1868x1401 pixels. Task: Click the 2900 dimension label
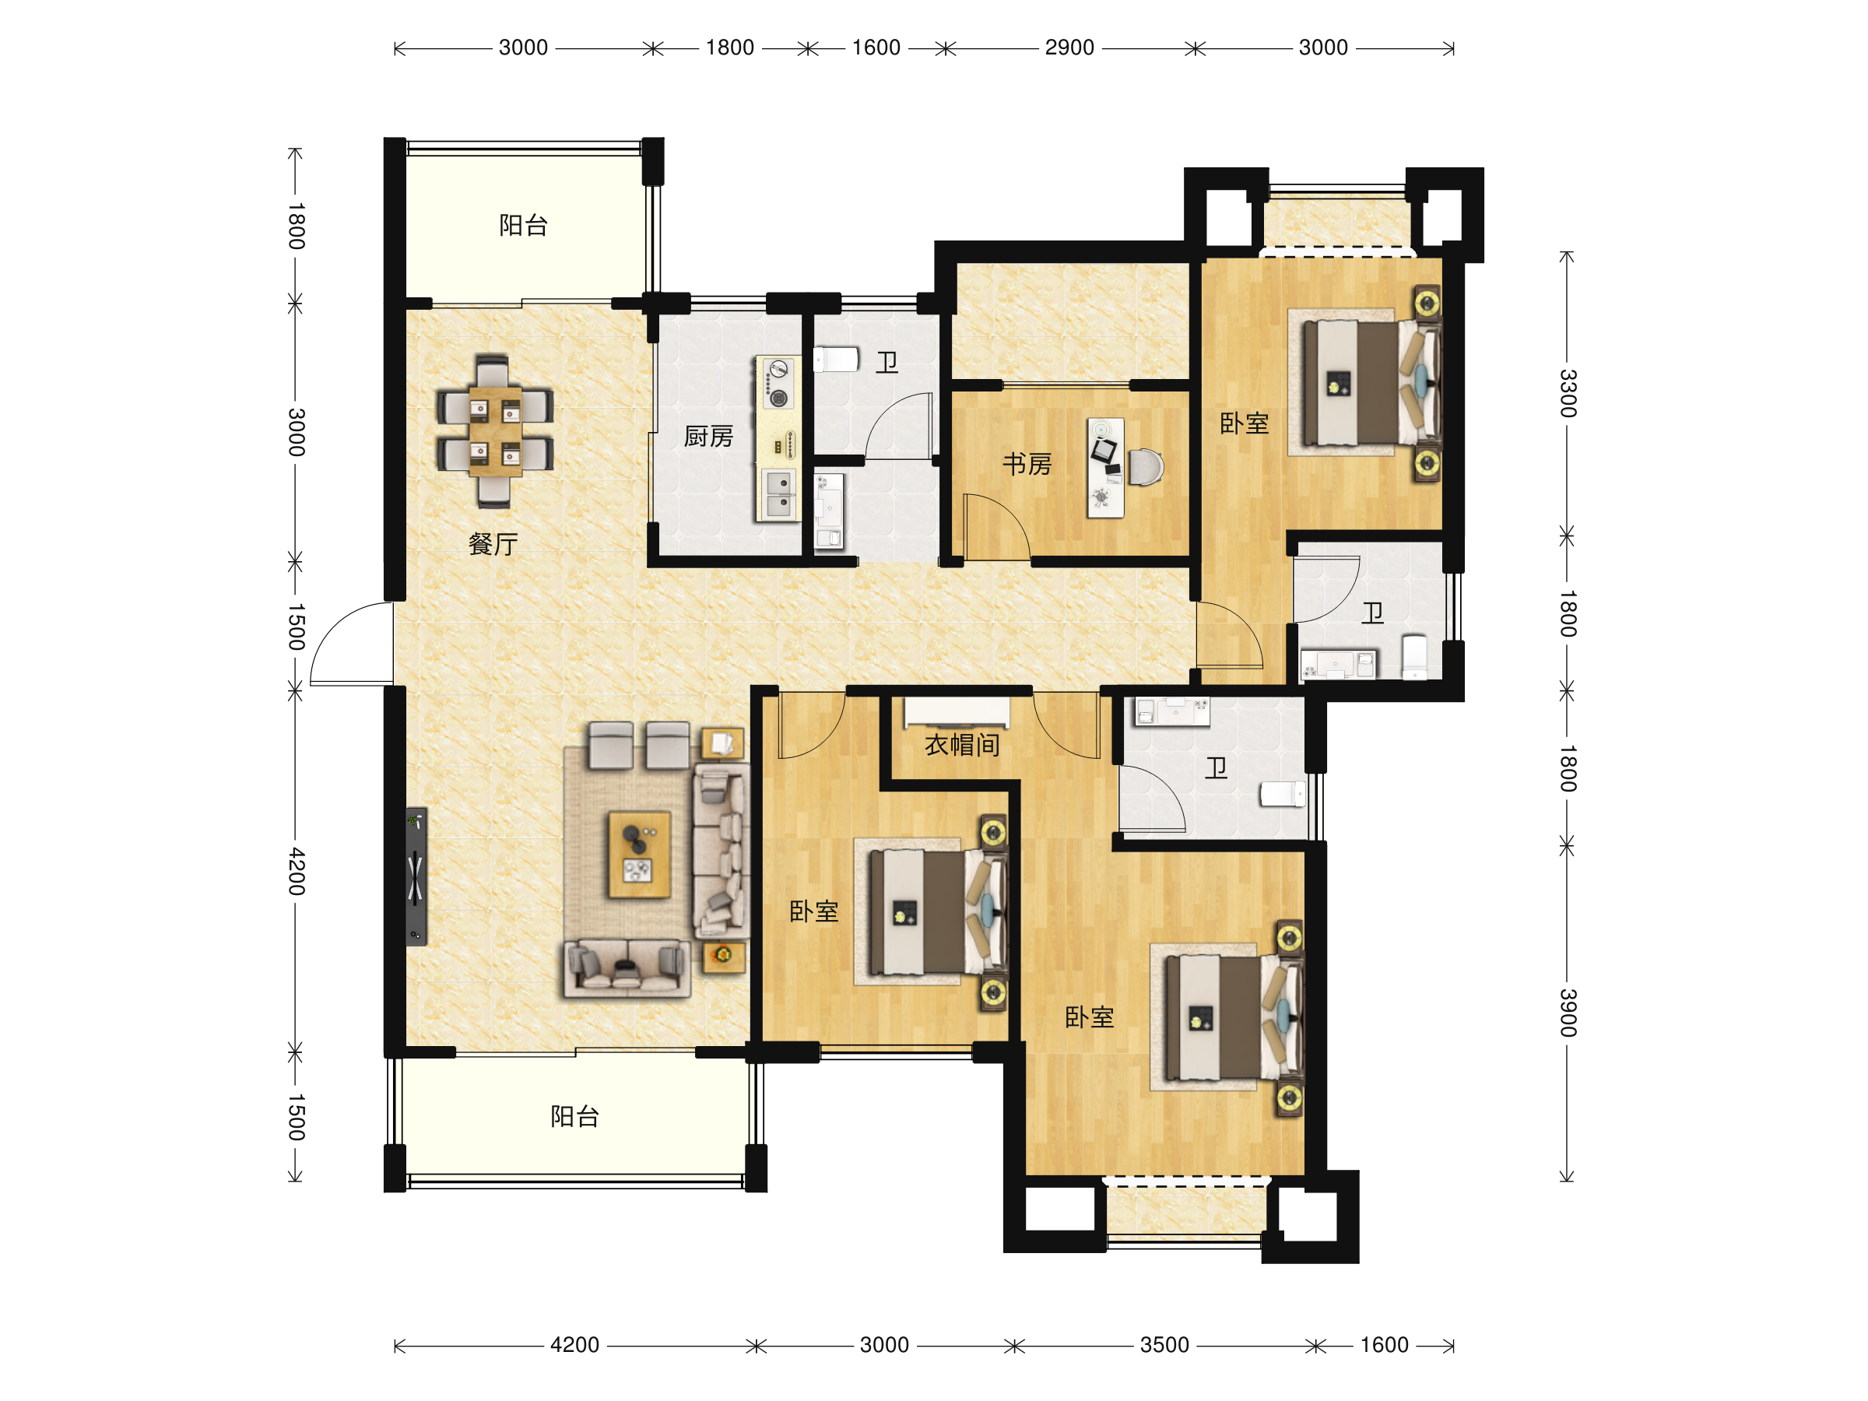click(x=1069, y=47)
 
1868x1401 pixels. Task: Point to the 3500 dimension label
click(x=1164, y=1344)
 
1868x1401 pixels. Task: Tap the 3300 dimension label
click(x=1568, y=393)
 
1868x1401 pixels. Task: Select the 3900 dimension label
click(x=1568, y=1012)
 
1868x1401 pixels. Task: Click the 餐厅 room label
click(x=493, y=543)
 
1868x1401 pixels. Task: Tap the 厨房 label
click(x=708, y=436)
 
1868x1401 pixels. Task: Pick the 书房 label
click(x=1027, y=464)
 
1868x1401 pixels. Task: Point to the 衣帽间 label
click(x=962, y=745)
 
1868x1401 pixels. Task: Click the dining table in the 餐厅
click(x=495, y=430)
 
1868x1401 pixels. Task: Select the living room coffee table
click(x=639, y=855)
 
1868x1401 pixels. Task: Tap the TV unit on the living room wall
click(x=416, y=876)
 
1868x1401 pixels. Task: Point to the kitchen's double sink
click(x=778, y=494)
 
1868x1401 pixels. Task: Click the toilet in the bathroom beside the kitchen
click(x=835, y=360)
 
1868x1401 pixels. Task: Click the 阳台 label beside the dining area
click(x=524, y=226)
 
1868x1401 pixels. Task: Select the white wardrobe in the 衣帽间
click(x=957, y=712)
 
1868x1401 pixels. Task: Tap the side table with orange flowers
click(x=724, y=957)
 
